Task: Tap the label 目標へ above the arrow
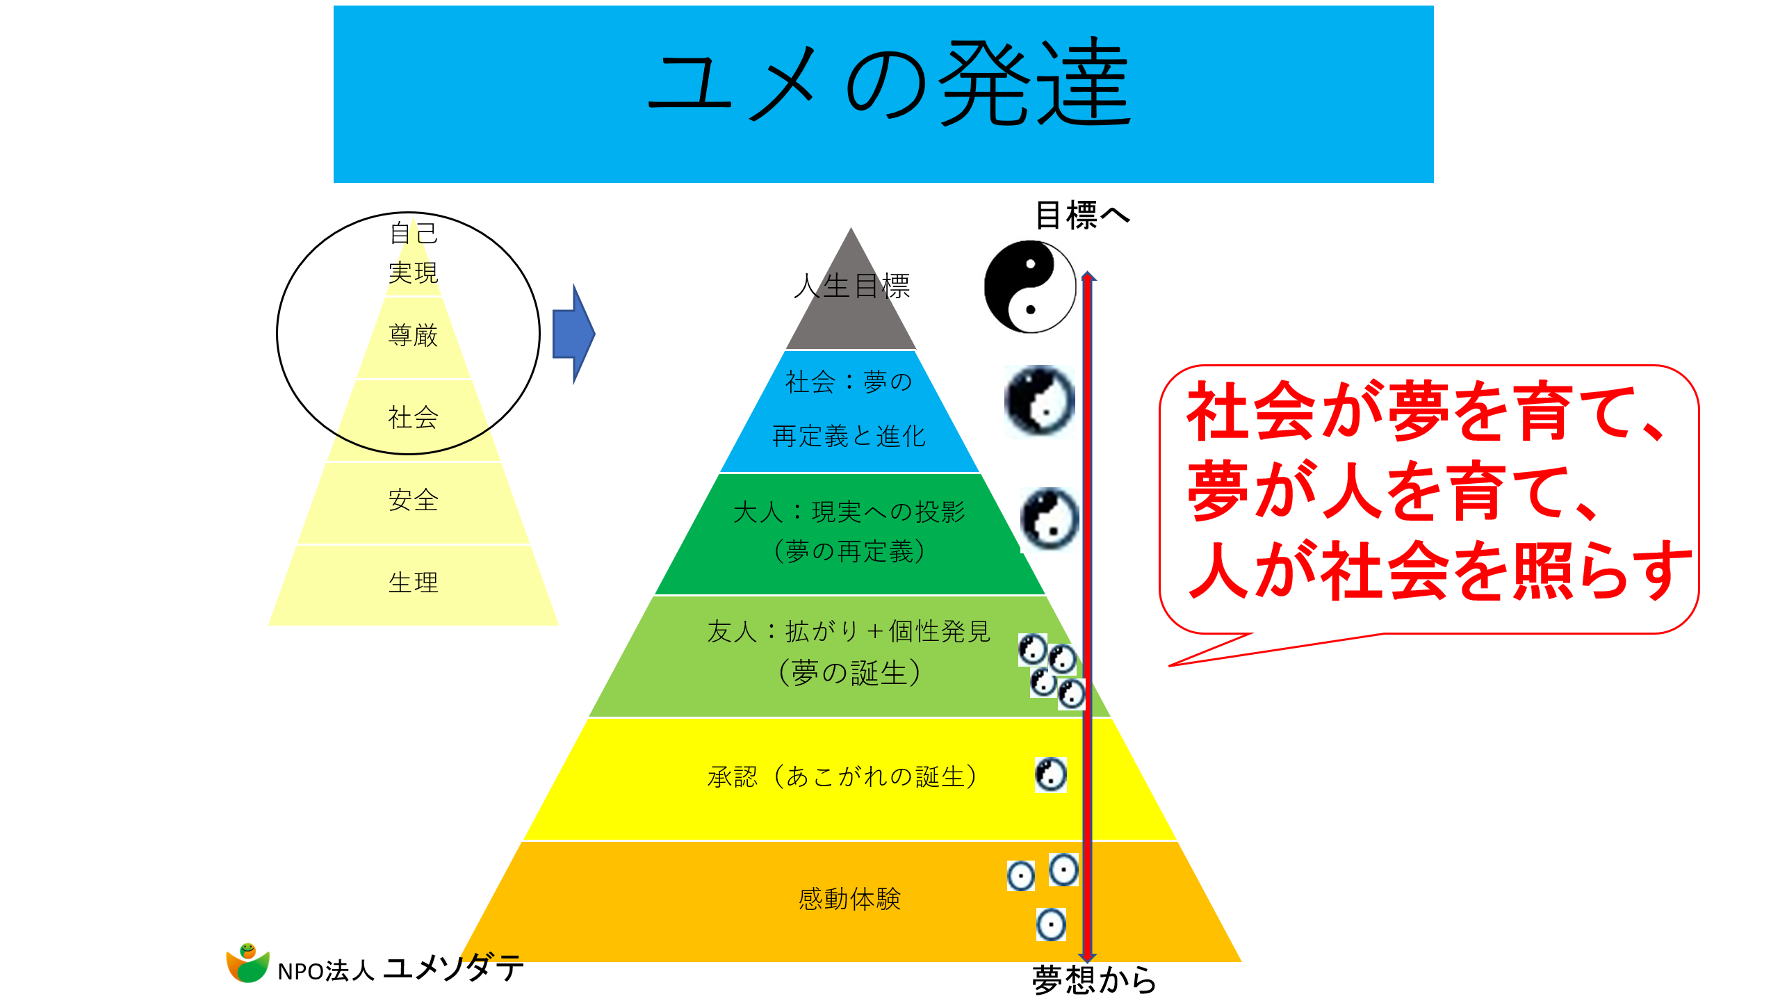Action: [x=1082, y=215]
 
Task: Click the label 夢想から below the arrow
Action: [x=1094, y=980]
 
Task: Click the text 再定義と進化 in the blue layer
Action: [x=849, y=437]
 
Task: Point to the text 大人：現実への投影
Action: [x=849, y=512]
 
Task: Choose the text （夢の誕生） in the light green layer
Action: [x=849, y=673]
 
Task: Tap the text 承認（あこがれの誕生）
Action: [x=842, y=776]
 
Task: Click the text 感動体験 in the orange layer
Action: [x=849, y=900]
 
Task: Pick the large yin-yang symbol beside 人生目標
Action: [x=1030, y=287]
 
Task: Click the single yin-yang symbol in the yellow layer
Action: [x=1050, y=775]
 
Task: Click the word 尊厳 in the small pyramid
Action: [x=413, y=336]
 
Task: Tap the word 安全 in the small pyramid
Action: [x=413, y=500]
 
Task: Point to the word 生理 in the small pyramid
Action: [x=413, y=583]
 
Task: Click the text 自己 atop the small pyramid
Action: [x=414, y=234]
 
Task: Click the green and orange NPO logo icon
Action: [x=247, y=963]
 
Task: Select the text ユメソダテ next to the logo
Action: [x=453, y=968]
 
